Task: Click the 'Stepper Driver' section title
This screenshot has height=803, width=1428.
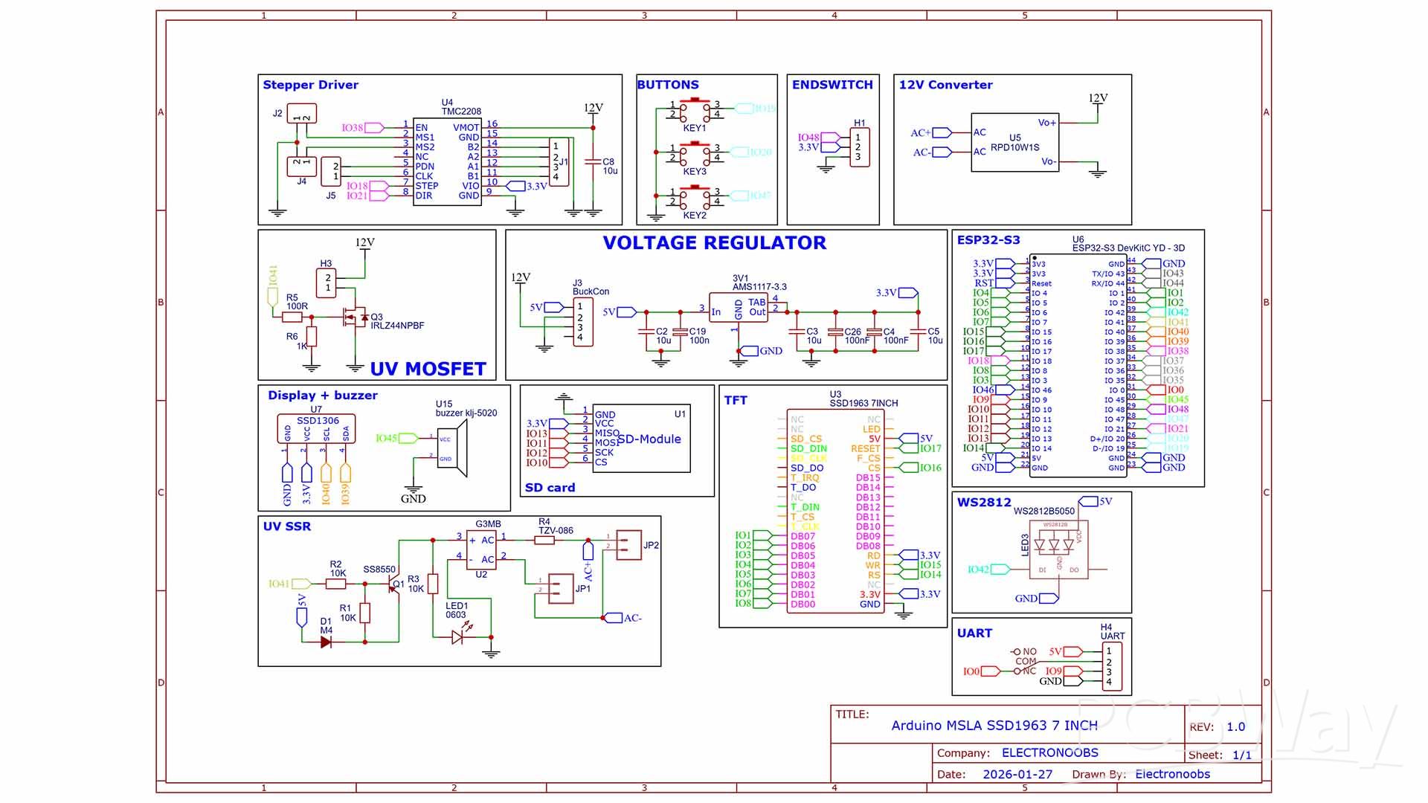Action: [310, 85]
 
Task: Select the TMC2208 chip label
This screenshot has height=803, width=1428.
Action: [461, 112]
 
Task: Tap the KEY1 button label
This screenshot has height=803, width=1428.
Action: [694, 128]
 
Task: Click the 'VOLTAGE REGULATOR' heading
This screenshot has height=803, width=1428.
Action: [714, 243]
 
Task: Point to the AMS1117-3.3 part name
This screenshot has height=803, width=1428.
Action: [759, 287]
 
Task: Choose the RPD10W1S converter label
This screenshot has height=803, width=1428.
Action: [1014, 147]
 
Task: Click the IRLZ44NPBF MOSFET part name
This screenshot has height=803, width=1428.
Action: [397, 326]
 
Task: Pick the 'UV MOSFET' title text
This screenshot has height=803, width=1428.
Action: [428, 369]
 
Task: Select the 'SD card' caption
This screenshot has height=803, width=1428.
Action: [550, 488]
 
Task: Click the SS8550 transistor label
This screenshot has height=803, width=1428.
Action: [379, 570]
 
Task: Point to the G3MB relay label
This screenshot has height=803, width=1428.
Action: [488, 524]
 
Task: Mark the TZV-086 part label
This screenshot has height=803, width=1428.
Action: [556, 531]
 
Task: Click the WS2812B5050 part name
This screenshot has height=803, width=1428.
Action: [1043, 512]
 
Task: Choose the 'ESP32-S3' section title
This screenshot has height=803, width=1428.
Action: [988, 240]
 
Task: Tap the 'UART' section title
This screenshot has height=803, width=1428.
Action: [974, 633]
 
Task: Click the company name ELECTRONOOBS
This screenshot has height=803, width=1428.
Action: [1049, 753]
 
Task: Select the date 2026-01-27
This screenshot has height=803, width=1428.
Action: [1017, 775]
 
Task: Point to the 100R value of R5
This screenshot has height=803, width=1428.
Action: [297, 306]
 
